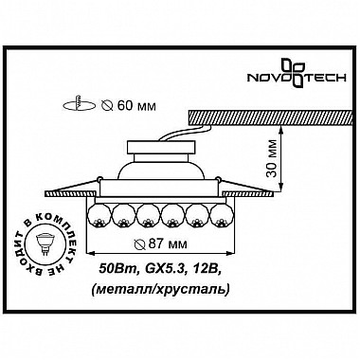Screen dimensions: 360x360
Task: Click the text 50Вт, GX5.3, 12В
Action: [160, 272]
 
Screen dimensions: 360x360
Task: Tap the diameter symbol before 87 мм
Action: [140, 245]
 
